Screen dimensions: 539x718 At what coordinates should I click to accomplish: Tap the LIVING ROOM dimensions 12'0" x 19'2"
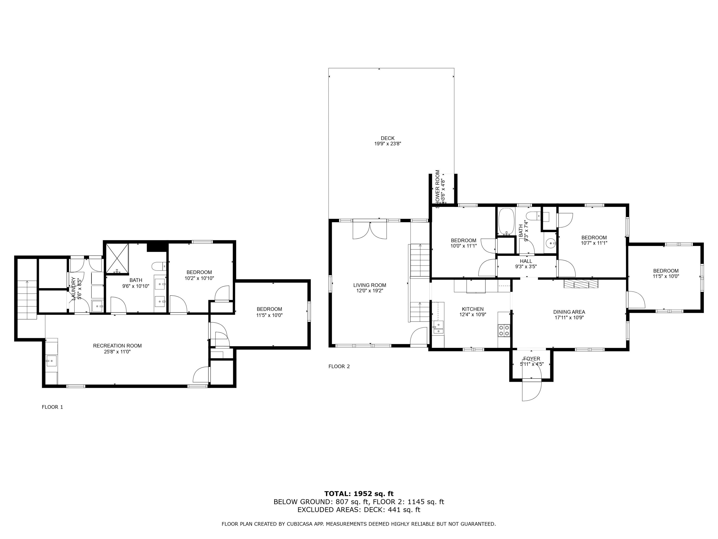[370, 291]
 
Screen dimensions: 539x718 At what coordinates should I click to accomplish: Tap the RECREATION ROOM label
[117, 346]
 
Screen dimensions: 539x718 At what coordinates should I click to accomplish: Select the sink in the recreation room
[51, 361]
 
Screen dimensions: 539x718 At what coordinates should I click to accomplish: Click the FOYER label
[532, 359]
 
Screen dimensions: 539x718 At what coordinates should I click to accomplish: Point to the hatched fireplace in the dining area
[581, 284]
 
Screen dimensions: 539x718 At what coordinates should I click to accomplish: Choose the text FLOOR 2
[339, 367]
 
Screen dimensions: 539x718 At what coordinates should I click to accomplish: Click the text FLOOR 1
[52, 407]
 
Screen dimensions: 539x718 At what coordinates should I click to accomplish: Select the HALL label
[526, 261]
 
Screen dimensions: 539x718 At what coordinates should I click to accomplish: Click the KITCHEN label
[473, 309]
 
